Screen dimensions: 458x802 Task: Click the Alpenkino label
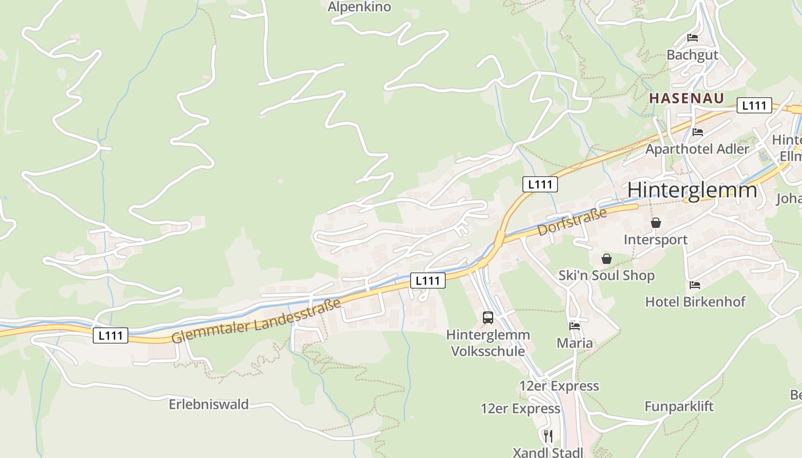coord(359,7)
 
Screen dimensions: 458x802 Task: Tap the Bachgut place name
coord(692,55)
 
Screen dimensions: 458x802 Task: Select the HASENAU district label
coord(686,98)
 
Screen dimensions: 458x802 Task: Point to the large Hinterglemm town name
coord(692,190)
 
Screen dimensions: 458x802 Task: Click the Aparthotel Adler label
coord(697,149)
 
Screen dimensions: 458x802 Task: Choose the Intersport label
coord(655,239)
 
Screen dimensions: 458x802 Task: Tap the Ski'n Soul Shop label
coord(606,275)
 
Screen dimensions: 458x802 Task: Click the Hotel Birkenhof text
coord(695,301)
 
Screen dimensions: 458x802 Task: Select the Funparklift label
coord(679,406)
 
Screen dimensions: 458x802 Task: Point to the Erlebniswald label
coord(209,404)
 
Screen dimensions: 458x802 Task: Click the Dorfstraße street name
coord(572,223)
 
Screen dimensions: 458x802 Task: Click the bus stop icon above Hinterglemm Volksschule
coord(488,317)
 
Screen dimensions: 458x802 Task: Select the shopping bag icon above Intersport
coord(656,223)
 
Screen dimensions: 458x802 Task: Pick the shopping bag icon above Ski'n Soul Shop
coord(607,259)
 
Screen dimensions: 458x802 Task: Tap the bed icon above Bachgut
coord(693,38)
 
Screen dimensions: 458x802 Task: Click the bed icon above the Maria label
coord(575,326)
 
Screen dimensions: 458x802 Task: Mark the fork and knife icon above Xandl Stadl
coord(548,436)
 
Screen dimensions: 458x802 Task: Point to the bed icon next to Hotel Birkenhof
coord(695,285)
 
